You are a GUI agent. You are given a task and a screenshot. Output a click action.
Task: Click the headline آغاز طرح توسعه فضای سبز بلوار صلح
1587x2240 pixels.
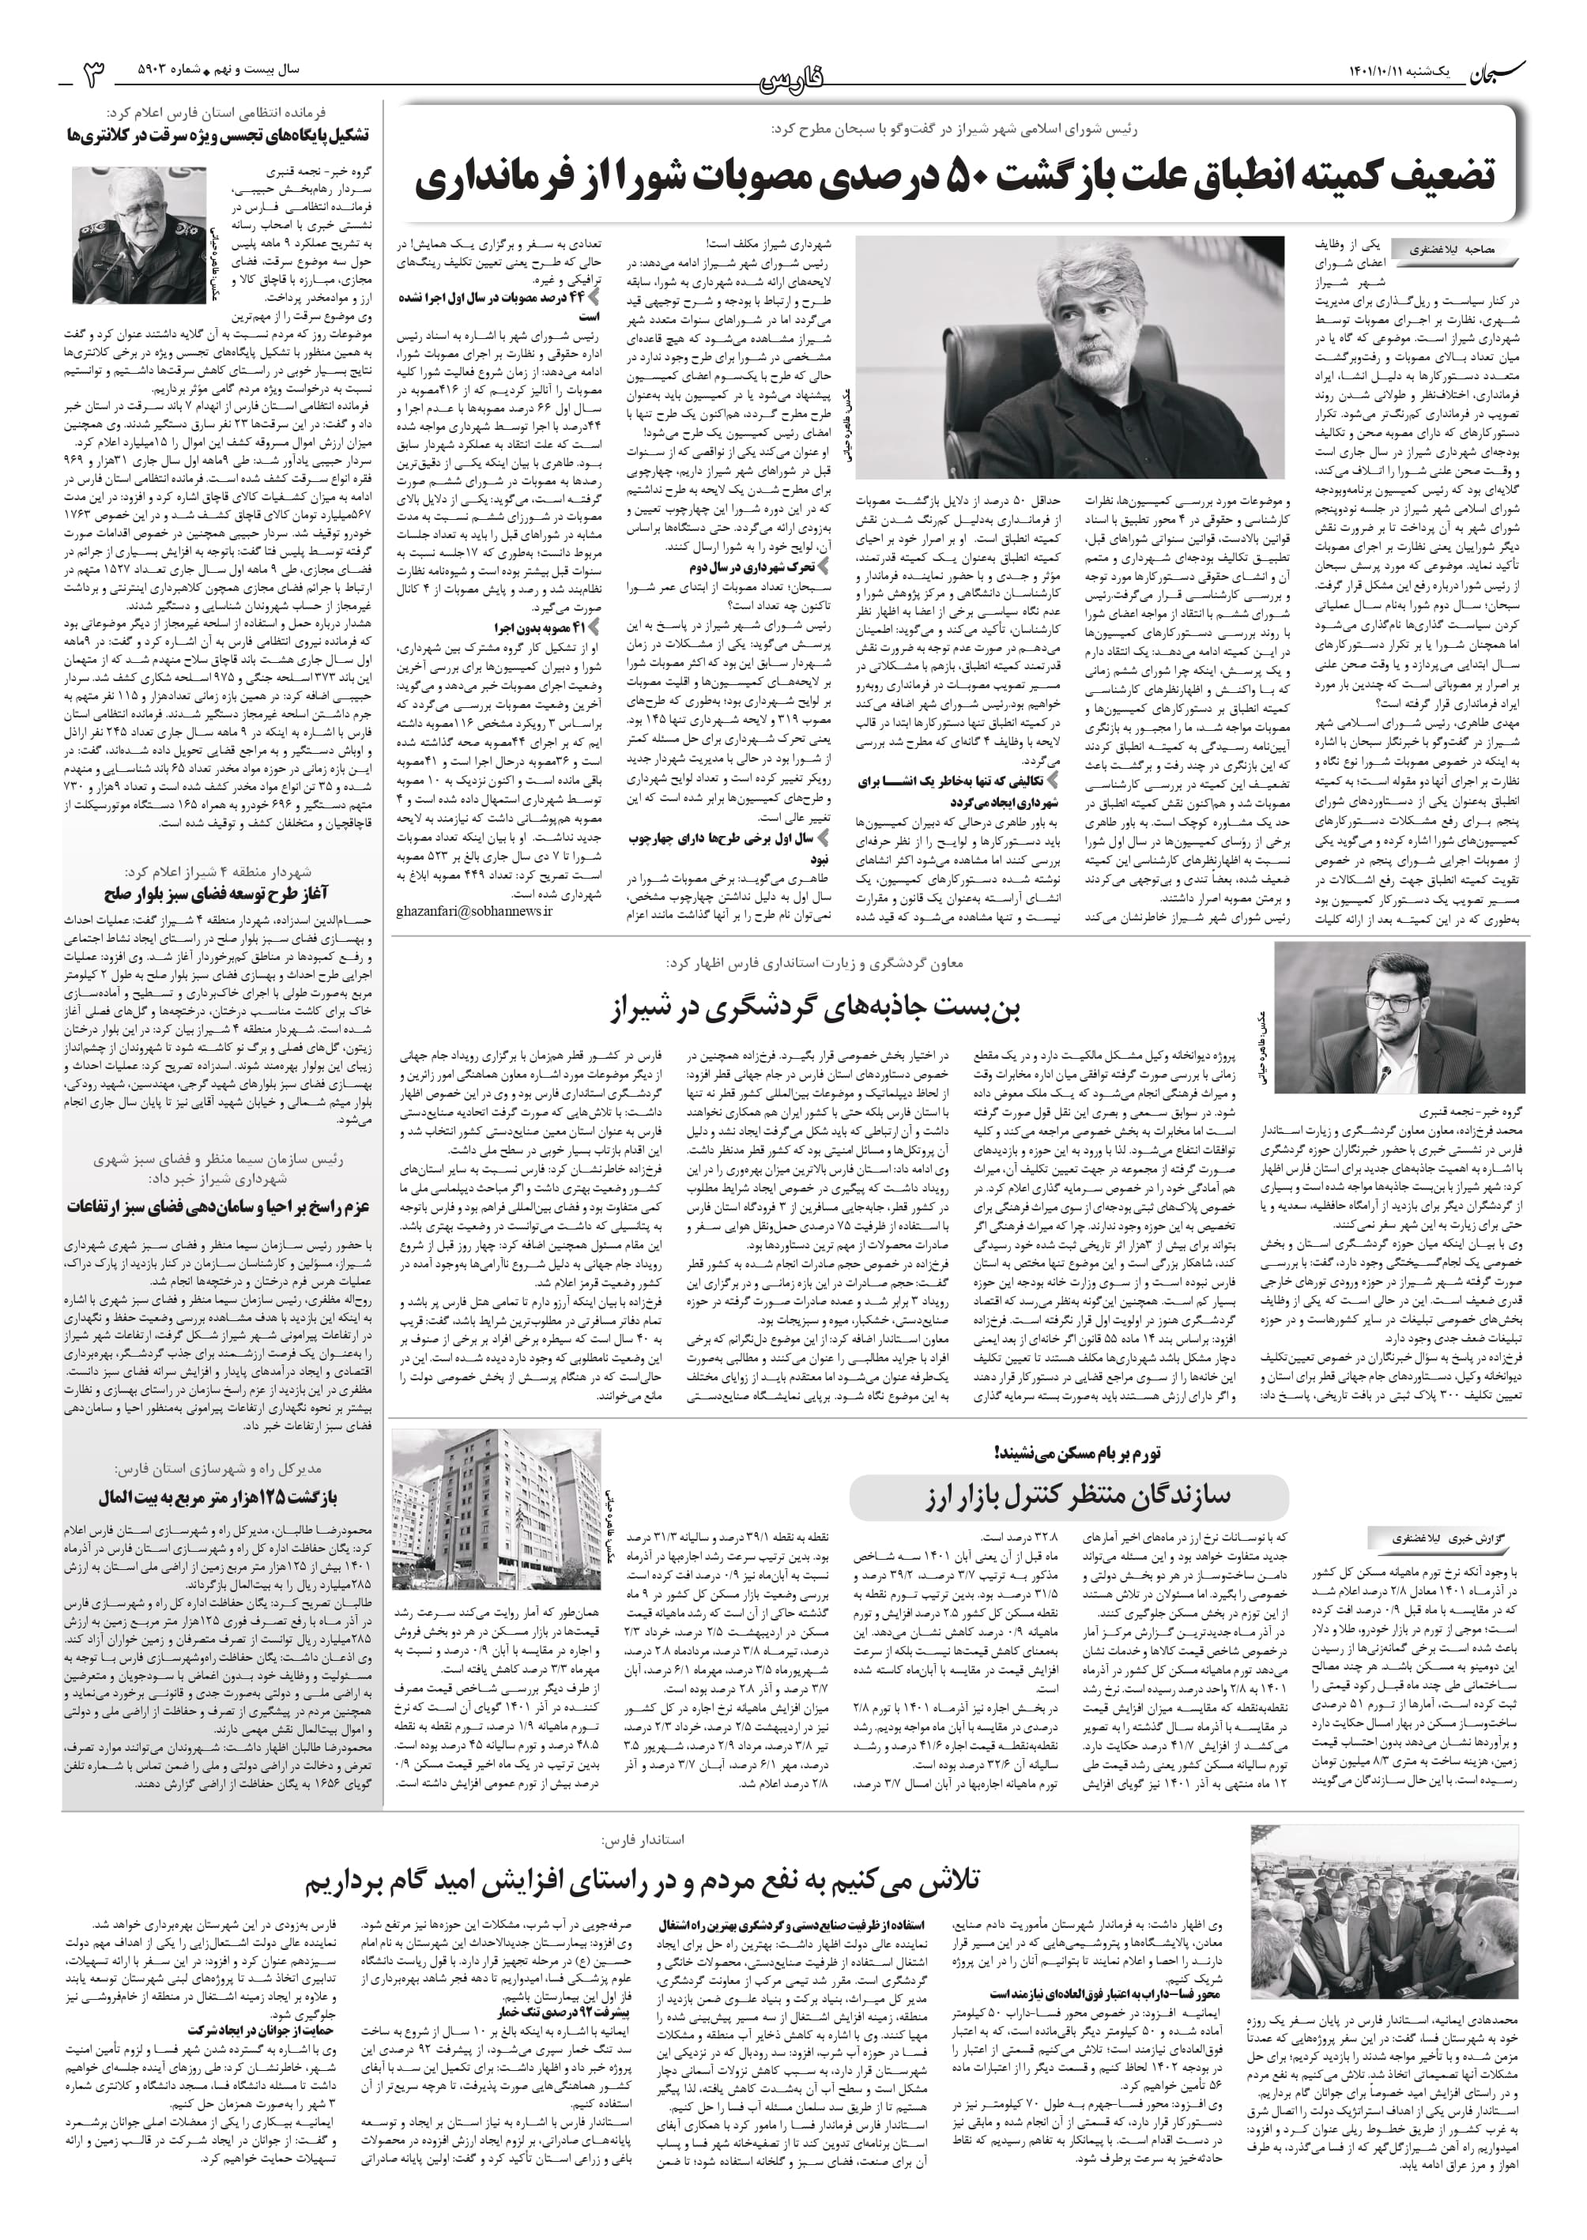pos(216,894)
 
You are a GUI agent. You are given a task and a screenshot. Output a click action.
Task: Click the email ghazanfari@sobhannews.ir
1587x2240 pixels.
pos(474,910)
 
